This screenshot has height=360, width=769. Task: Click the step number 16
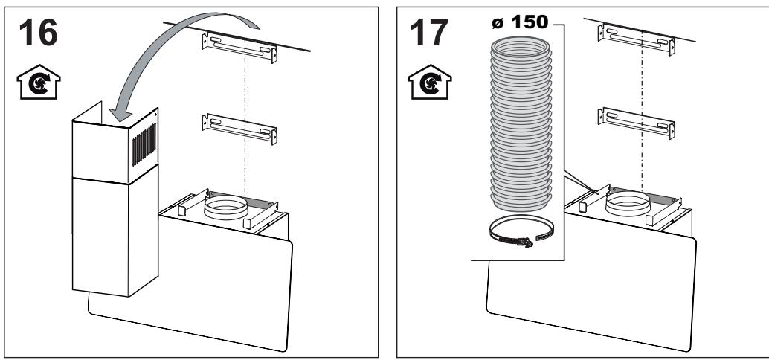pyautogui.click(x=38, y=33)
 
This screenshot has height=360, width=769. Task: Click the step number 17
pyautogui.click(x=429, y=33)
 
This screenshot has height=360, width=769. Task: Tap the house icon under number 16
pyautogui.click(x=38, y=82)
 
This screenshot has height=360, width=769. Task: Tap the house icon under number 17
pyautogui.click(x=430, y=82)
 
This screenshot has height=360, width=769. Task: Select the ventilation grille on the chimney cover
pyautogui.click(x=144, y=144)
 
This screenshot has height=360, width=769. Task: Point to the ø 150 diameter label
pyautogui.click(x=520, y=22)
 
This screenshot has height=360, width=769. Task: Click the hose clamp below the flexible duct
pyautogui.click(x=521, y=231)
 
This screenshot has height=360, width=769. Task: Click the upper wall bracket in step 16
pyautogui.click(x=239, y=47)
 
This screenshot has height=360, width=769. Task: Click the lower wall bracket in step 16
pyautogui.click(x=239, y=129)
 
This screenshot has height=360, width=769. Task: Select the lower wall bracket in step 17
pyautogui.click(x=636, y=123)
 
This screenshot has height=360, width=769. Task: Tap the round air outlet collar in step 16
pyautogui.click(x=226, y=207)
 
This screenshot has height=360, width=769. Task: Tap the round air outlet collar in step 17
pyautogui.click(x=628, y=202)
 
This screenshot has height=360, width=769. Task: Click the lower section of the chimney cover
pyautogui.click(x=115, y=236)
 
